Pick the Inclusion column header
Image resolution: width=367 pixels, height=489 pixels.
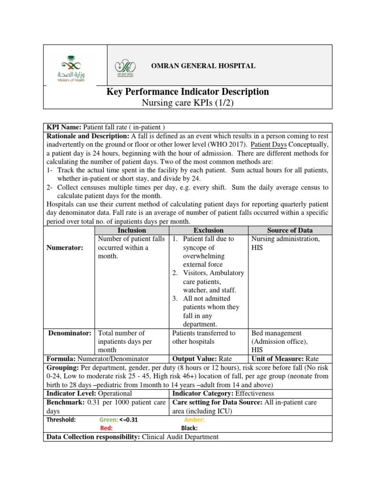pyautogui.click(x=131, y=230)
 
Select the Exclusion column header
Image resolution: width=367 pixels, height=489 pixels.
pyautogui.click(x=208, y=230)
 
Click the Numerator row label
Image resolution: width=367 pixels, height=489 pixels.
pyautogui.click(x=65, y=248)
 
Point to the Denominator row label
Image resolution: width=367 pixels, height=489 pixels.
pyautogui.click(x=70, y=333)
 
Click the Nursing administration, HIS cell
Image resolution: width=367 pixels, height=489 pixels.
pyautogui.click(x=285, y=243)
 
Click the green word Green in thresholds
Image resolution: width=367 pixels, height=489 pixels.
pyautogui.click(x=108, y=420)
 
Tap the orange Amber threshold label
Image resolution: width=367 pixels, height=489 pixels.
pyautogui.click(x=194, y=420)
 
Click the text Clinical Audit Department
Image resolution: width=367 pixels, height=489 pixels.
pyautogui.click(x=180, y=436)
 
